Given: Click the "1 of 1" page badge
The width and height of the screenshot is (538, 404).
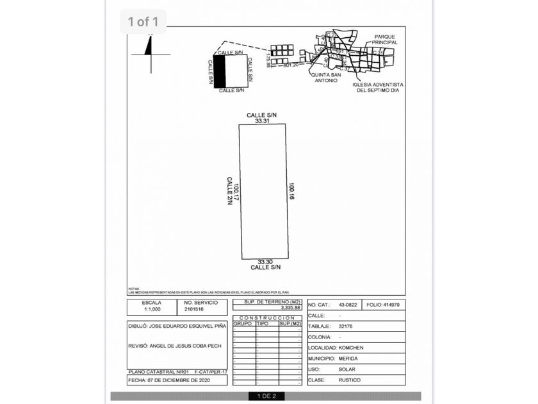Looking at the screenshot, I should click(143, 22).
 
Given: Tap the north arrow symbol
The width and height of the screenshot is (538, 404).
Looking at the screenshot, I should click(150, 50).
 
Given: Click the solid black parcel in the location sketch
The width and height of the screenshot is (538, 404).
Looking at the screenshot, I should click(219, 71).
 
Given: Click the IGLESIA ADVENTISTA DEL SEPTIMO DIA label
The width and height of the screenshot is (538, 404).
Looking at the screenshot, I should click(379, 87).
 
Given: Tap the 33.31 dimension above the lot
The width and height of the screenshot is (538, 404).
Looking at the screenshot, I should click(261, 120).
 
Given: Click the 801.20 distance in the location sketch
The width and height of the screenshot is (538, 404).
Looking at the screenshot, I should click(290, 65).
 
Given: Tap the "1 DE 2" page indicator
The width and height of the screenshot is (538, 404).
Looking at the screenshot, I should click(266, 396).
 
